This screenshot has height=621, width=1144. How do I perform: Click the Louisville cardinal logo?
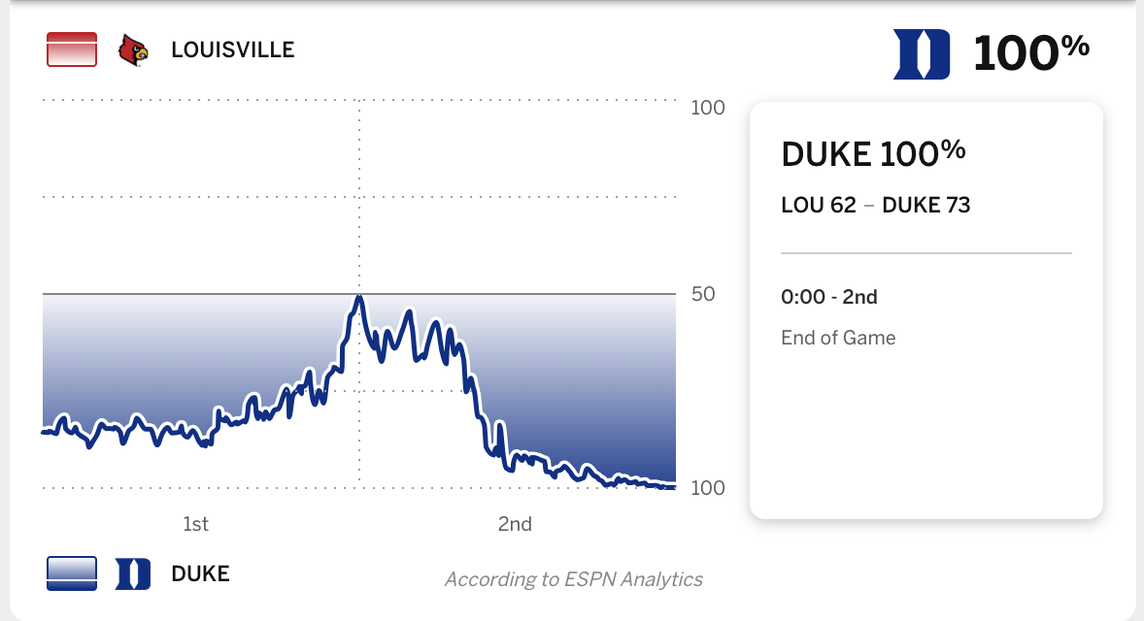click(134, 49)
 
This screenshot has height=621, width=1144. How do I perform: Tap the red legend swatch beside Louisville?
click(72, 49)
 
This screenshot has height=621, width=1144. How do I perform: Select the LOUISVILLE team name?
click(232, 49)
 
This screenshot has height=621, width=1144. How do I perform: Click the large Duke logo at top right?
click(922, 53)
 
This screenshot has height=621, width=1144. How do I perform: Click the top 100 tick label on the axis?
click(708, 107)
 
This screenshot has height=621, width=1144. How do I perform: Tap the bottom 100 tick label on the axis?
click(708, 488)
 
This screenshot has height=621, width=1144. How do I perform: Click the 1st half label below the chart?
click(195, 524)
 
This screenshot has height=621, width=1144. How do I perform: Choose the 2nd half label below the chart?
click(515, 524)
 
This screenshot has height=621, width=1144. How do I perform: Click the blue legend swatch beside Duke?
click(72, 573)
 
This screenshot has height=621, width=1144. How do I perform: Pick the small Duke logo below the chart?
click(133, 573)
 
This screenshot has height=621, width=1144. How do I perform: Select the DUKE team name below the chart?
click(200, 573)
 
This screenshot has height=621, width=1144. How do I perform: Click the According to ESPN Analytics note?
click(573, 579)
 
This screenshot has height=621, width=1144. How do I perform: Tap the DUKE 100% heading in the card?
click(873, 152)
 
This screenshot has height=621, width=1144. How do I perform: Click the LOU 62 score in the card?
click(818, 205)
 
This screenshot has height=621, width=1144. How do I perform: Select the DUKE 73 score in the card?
click(925, 205)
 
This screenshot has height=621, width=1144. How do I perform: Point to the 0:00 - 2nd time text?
click(828, 297)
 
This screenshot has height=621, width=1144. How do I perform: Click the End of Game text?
click(838, 338)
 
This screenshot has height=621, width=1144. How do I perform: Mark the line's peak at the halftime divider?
click(359, 298)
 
